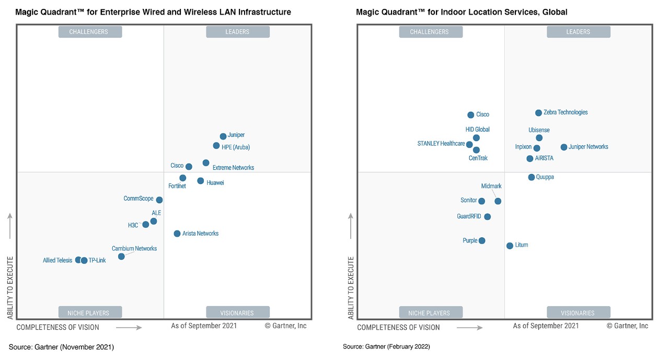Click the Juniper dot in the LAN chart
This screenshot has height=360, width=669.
click(223, 136)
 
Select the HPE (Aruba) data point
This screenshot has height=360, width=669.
click(216, 146)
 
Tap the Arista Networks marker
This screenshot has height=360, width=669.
click(177, 234)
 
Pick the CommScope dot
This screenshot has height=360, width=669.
click(159, 200)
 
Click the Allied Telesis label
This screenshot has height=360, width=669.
click(57, 260)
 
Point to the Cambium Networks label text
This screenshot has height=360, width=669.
click(134, 249)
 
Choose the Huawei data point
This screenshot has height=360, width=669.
click(201, 181)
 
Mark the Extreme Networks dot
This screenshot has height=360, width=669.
click(206, 163)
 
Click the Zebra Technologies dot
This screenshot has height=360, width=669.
click(539, 113)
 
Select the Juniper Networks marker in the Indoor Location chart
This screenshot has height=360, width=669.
click(564, 147)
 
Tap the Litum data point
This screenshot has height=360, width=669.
click(510, 246)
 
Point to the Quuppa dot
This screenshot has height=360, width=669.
click(532, 178)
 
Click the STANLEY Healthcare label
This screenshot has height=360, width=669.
click(441, 144)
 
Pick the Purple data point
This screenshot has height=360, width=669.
click(482, 241)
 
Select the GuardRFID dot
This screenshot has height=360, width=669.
click(488, 217)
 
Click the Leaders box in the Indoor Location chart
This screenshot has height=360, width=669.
click(578, 32)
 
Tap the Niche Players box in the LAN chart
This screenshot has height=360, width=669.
click(88, 313)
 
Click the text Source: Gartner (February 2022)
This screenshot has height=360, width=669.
click(386, 346)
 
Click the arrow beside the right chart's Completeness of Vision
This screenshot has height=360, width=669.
click(469, 328)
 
